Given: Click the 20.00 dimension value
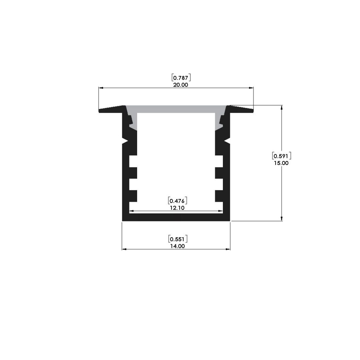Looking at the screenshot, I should click(x=180, y=85).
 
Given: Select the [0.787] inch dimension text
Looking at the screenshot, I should click(x=180, y=77).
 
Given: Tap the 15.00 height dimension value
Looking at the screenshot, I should click(x=281, y=163).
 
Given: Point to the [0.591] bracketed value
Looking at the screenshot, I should click(x=281, y=155).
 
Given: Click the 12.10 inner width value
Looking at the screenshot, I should click(x=177, y=208).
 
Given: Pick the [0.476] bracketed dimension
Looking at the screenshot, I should click(x=177, y=201).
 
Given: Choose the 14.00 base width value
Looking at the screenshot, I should click(x=177, y=246).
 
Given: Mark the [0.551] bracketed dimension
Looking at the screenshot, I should click(x=177, y=239).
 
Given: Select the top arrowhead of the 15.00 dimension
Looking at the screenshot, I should click(x=282, y=107).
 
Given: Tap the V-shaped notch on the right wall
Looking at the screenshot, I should click(x=228, y=141).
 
